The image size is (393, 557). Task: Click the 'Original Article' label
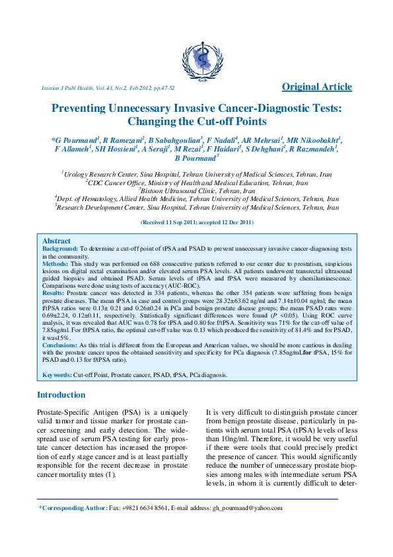317,87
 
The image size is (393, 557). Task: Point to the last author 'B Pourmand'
195,159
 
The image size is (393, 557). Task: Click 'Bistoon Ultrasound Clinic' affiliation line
197,191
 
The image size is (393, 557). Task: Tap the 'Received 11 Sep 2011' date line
196,223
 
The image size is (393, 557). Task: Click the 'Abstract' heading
56,241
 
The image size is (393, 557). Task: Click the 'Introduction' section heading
61,395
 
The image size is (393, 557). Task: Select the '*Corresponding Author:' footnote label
73,508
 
